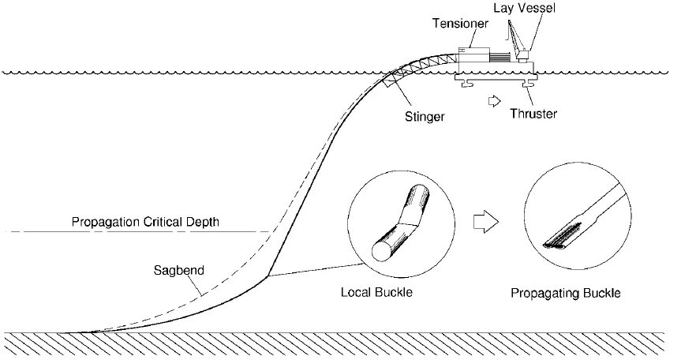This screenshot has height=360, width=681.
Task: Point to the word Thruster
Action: pos(533,114)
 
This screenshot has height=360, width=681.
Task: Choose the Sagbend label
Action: pos(178,269)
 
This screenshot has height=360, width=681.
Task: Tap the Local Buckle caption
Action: pos(377,292)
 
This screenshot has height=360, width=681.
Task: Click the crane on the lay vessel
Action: pos(517,39)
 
